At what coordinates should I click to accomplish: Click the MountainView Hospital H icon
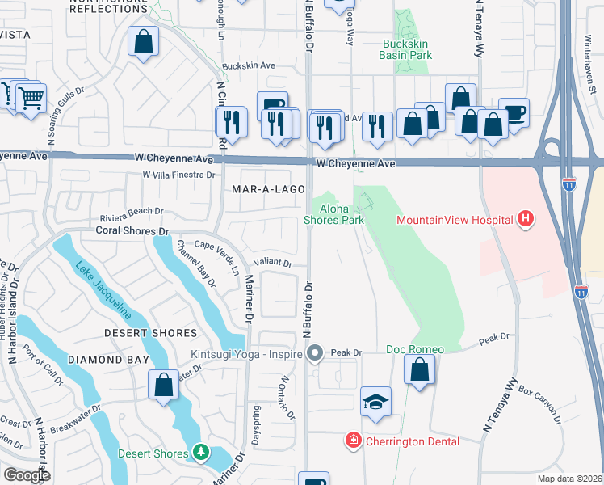[526, 219]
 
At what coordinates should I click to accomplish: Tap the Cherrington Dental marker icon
[353, 441]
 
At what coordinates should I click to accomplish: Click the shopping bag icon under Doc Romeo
[419, 371]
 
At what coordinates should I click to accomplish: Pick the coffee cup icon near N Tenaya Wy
[513, 112]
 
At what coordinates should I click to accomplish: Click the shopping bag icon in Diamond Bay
[163, 384]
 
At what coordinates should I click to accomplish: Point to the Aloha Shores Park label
[333, 213]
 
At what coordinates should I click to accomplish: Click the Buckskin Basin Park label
[406, 49]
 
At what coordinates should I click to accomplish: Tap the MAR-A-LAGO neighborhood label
[268, 189]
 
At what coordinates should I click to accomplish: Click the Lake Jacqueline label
[103, 288]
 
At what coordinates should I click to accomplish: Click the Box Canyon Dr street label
[539, 406]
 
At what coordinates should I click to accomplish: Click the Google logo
[27, 475]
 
